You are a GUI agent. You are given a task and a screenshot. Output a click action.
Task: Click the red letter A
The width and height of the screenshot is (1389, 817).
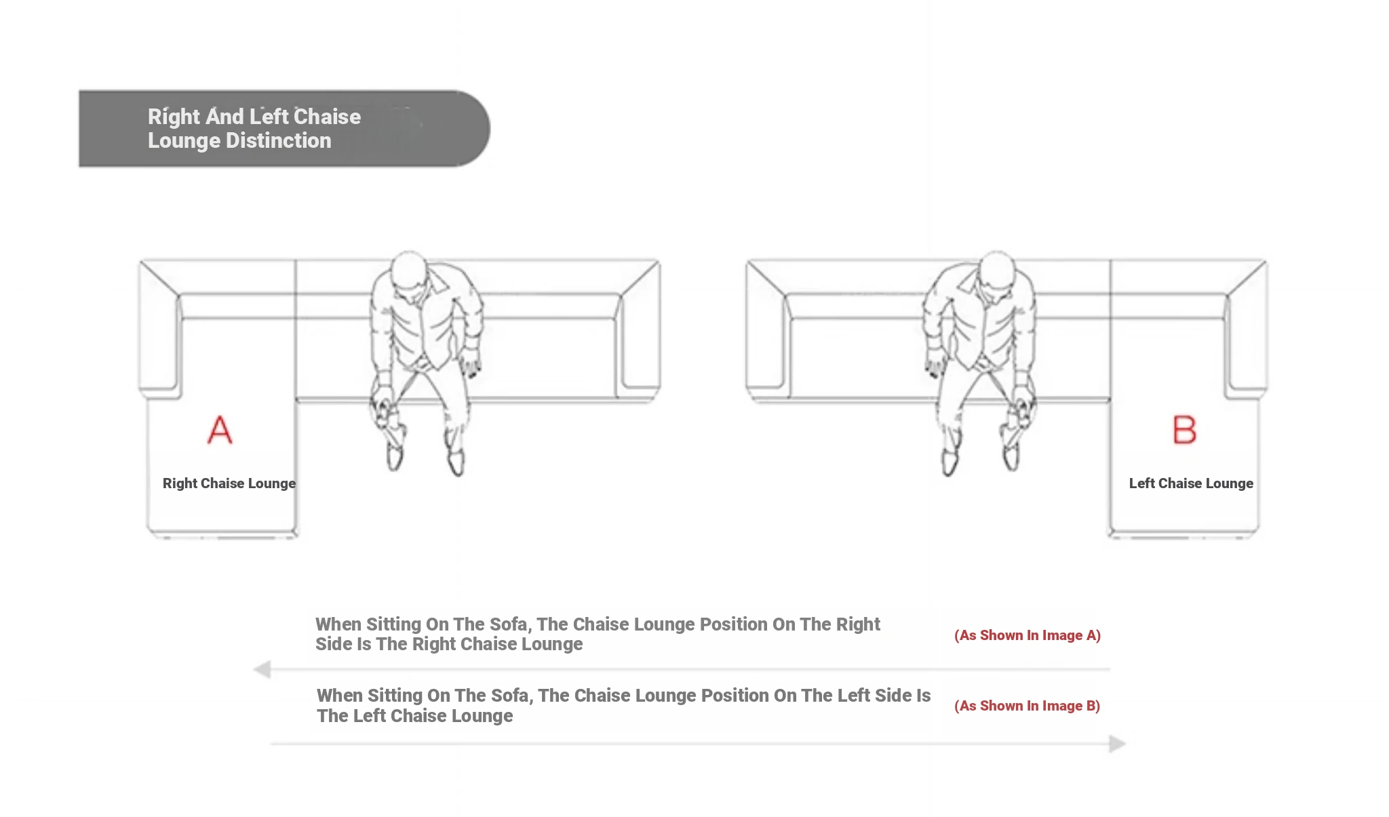click(220, 430)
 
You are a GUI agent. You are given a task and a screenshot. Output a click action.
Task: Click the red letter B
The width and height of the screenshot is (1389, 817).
click(1184, 430)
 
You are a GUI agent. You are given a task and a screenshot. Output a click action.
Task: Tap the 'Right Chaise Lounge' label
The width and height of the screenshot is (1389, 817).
click(229, 483)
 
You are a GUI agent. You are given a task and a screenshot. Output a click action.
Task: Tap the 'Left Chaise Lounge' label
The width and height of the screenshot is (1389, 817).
click(1191, 483)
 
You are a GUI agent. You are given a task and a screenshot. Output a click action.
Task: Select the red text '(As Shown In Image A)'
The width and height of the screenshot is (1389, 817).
click(1028, 635)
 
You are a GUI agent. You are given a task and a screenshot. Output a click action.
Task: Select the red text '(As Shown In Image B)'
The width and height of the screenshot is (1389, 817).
click(1027, 706)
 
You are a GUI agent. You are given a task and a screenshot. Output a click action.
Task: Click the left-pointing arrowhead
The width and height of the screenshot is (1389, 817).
click(262, 670)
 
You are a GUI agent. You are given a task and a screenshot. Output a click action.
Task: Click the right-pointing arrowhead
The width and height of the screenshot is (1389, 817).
click(1118, 744)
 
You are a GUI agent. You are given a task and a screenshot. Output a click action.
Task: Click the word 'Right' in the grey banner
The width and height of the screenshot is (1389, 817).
click(174, 117)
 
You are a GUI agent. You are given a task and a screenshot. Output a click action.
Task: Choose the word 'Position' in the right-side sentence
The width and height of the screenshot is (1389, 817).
click(732, 624)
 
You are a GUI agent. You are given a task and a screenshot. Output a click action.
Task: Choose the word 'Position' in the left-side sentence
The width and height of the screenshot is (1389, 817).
click(734, 696)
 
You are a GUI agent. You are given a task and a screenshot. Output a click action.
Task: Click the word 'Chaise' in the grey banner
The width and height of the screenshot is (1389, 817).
click(327, 117)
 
